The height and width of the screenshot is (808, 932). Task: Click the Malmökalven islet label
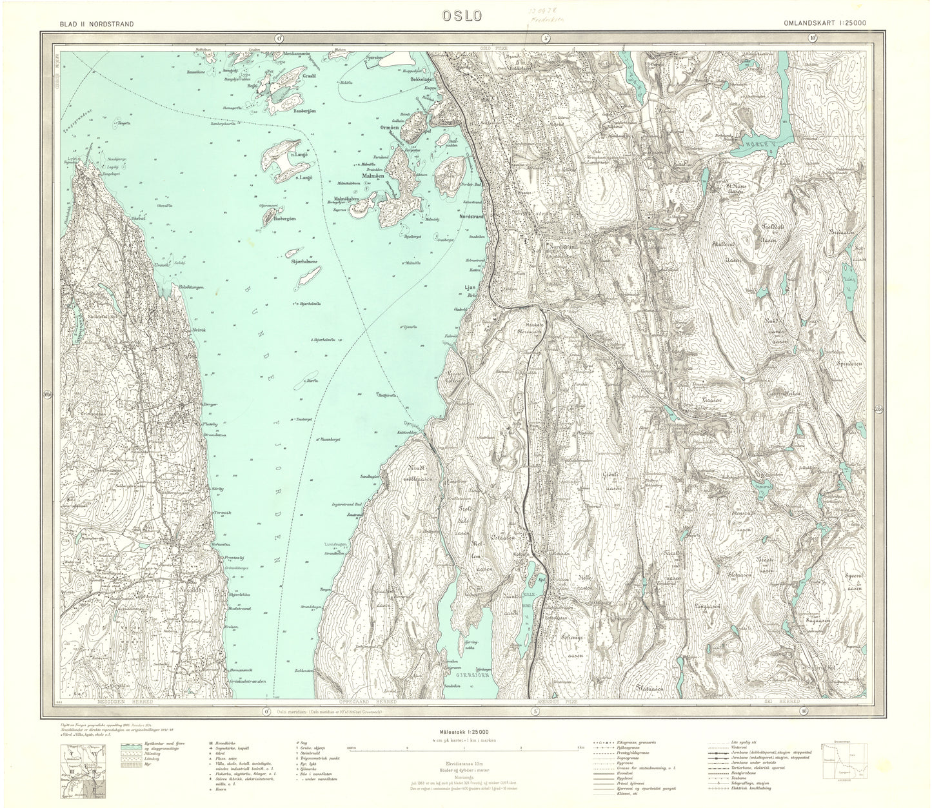[348, 199]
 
